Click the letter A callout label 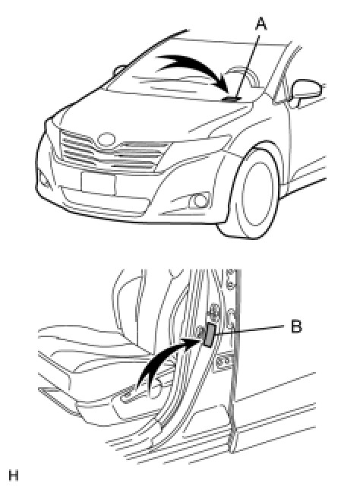261,24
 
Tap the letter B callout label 296,327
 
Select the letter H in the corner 14,475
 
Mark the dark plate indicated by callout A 232,99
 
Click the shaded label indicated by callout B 209,336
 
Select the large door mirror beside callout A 308,90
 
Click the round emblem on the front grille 106,140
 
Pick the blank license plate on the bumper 98,184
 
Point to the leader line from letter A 248,66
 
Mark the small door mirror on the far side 119,71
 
